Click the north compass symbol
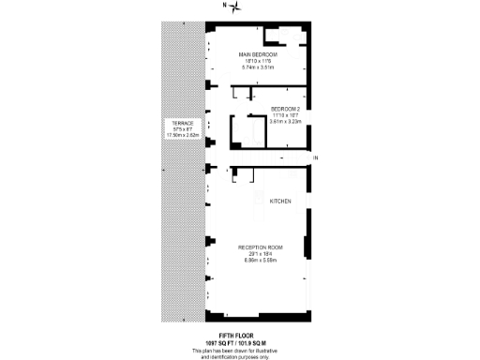(237, 7)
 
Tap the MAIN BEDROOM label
(259, 55)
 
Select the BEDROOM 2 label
(286, 109)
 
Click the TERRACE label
(182, 123)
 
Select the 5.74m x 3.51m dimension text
(260, 67)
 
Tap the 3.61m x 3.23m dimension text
(286, 121)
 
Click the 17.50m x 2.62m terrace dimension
(182, 135)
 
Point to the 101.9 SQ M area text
(260, 342)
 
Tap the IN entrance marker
(316, 157)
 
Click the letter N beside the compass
(224, 7)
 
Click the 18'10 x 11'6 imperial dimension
(260, 62)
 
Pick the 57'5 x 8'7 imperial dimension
(182, 129)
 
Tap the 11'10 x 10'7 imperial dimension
(286, 115)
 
